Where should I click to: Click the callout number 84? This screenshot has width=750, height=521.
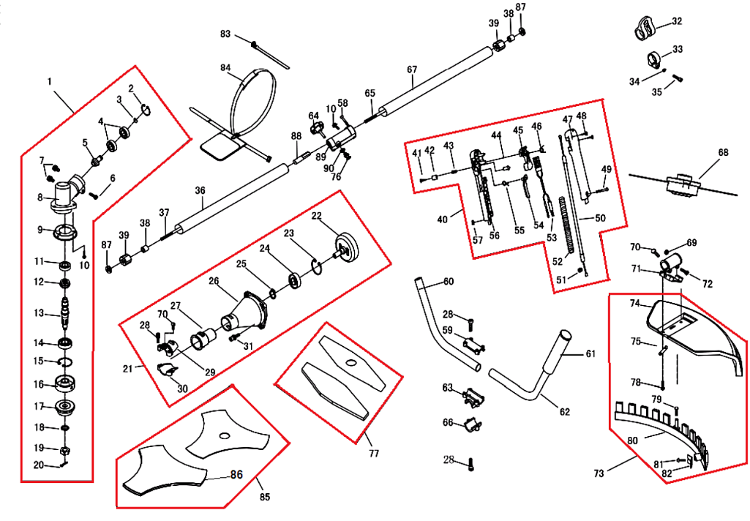coord(225,67)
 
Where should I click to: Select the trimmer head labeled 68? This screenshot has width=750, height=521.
coord(682,184)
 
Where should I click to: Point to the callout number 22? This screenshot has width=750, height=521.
coord(317,216)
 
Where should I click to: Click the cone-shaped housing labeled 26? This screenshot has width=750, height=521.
coord(249,310)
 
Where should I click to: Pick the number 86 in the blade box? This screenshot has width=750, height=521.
coord(236,475)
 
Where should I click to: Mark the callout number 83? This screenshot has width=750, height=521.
coord(225,34)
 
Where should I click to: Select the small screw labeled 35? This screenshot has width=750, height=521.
coord(678,77)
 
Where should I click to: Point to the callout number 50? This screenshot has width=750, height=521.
coord(600,218)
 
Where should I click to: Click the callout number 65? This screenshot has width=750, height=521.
coord(370,93)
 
